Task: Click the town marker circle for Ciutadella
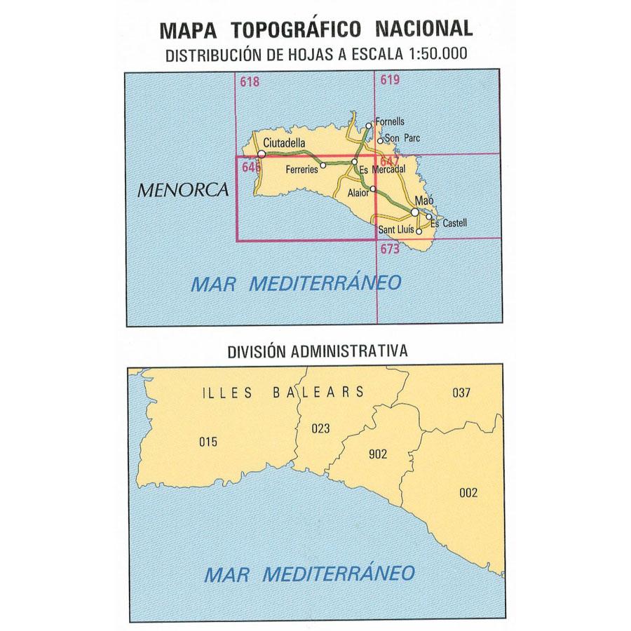261,154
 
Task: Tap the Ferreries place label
302,170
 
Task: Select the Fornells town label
391,122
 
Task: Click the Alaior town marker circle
373,189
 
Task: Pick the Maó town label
425,201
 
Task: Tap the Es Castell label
448,223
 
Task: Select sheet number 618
249,81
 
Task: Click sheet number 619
390,80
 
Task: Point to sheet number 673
390,249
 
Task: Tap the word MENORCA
184,189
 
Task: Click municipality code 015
208,442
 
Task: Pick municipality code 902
377,454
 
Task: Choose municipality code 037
461,393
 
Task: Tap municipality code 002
468,493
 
